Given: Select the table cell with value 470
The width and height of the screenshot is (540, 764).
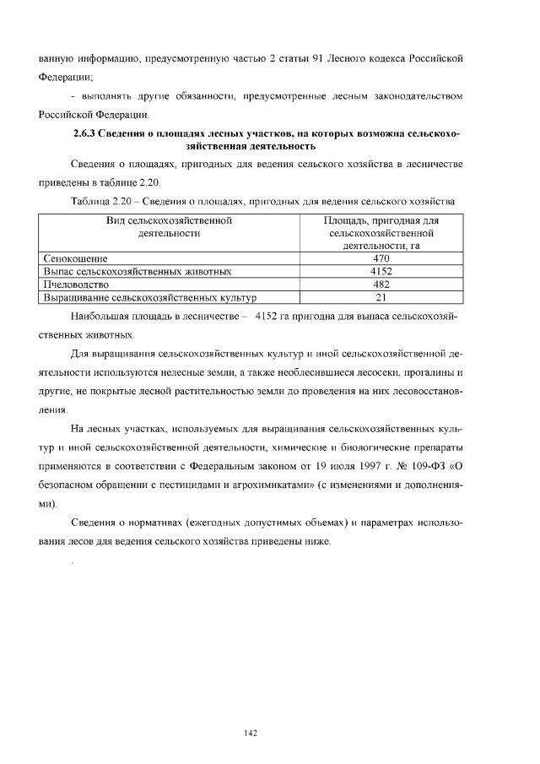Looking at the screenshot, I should [x=381, y=258].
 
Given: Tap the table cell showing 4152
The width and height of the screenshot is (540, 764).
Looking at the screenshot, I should [x=381, y=272].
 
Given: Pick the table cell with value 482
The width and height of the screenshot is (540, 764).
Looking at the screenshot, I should [x=381, y=284].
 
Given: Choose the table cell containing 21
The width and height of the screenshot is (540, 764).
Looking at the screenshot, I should [x=381, y=297].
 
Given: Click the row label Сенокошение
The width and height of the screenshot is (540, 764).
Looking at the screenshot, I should [x=76, y=258].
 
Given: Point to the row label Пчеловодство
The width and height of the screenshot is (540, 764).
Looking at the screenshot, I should [x=78, y=284].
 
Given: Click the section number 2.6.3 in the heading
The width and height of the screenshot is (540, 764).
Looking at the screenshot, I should [x=89, y=133].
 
